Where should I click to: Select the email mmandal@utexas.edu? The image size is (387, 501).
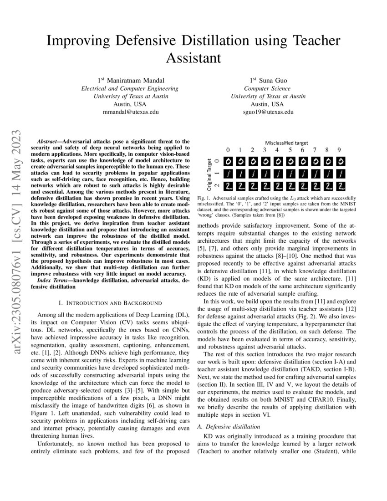(129, 112)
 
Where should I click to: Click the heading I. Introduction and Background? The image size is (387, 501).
(110, 303)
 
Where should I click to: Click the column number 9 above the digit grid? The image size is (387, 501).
(339, 150)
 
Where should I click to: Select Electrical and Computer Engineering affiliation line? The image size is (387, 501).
(129, 88)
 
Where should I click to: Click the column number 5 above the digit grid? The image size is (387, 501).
(290, 150)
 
